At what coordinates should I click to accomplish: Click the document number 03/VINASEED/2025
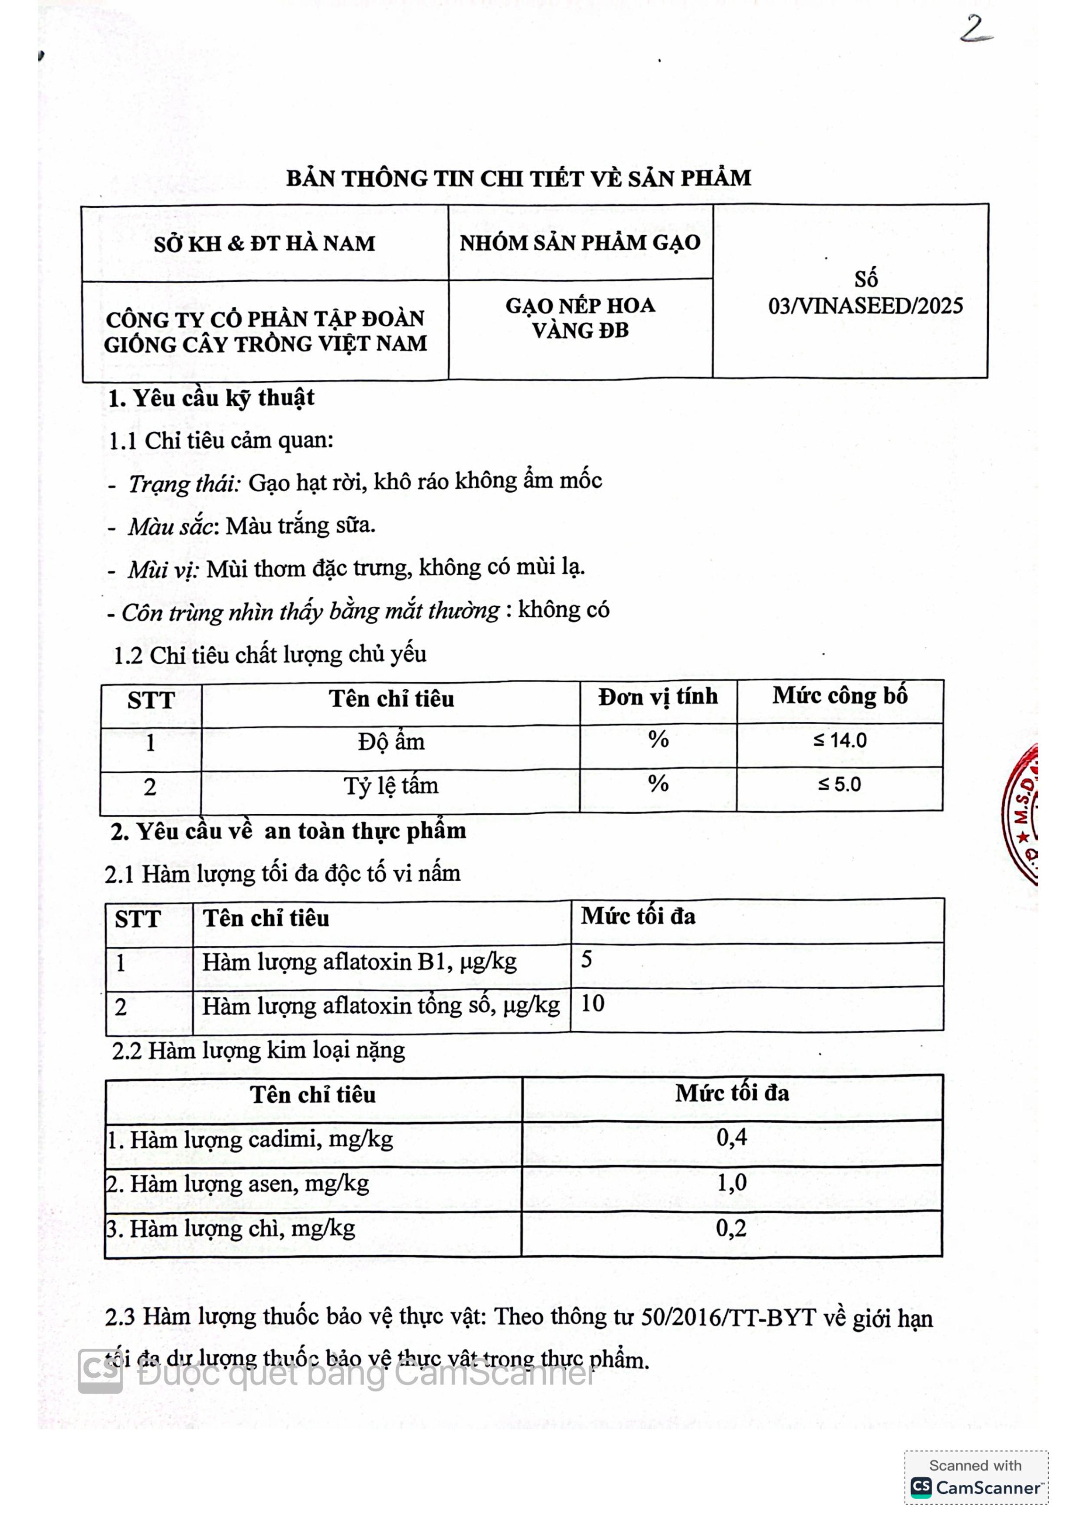pyautogui.click(x=865, y=306)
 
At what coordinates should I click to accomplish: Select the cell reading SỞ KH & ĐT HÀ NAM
pyautogui.click(x=265, y=243)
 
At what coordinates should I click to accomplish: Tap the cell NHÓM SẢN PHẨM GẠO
pyautogui.click(x=580, y=243)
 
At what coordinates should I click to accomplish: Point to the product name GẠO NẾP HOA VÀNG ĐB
pyautogui.click(x=580, y=318)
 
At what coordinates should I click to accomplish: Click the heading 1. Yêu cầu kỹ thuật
pyautogui.click(x=211, y=398)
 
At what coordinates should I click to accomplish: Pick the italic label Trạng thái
pyautogui.click(x=184, y=483)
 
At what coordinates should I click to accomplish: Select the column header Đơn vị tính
pyautogui.click(x=658, y=697)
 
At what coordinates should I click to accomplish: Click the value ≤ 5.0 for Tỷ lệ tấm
pyautogui.click(x=839, y=785)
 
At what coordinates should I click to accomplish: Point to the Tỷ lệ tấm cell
pyautogui.click(x=390, y=786)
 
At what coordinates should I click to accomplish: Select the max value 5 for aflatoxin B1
pyautogui.click(x=587, y=960)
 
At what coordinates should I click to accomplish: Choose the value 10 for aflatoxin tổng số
pyautogui.click(x=593, y=1003)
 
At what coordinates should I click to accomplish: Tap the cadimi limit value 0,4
pyautogui.click(x=731, y=1138)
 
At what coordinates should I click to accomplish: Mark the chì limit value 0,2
pyautogui.click(x=731, y=1228)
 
